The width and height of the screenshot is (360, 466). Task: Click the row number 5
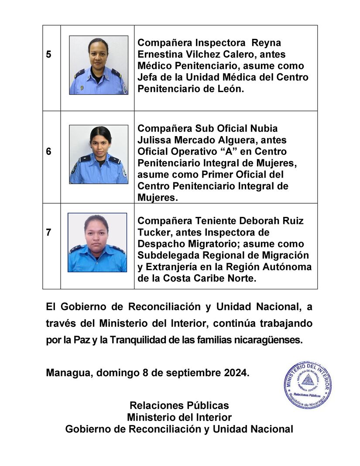coord(48,55)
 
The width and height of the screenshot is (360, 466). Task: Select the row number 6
coord(48,151)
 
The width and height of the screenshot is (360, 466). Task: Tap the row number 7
coord(48,233)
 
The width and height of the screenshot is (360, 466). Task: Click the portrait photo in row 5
coord(99,65)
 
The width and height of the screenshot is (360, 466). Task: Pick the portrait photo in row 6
coord(99,154)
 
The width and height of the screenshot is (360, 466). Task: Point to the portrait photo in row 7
coord(97,243)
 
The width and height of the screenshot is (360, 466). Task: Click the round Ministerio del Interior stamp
coord(307,385)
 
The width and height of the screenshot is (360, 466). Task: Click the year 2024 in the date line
coord(236,373)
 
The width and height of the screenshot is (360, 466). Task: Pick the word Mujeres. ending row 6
coord(158,197)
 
